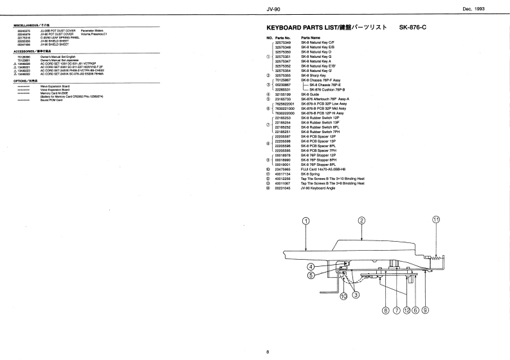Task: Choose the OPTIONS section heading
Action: coord(26,80)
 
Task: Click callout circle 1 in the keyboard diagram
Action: coord(306,221)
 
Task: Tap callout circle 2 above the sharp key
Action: coord(361,221)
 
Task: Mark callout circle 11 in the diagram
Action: coord(435,219)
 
